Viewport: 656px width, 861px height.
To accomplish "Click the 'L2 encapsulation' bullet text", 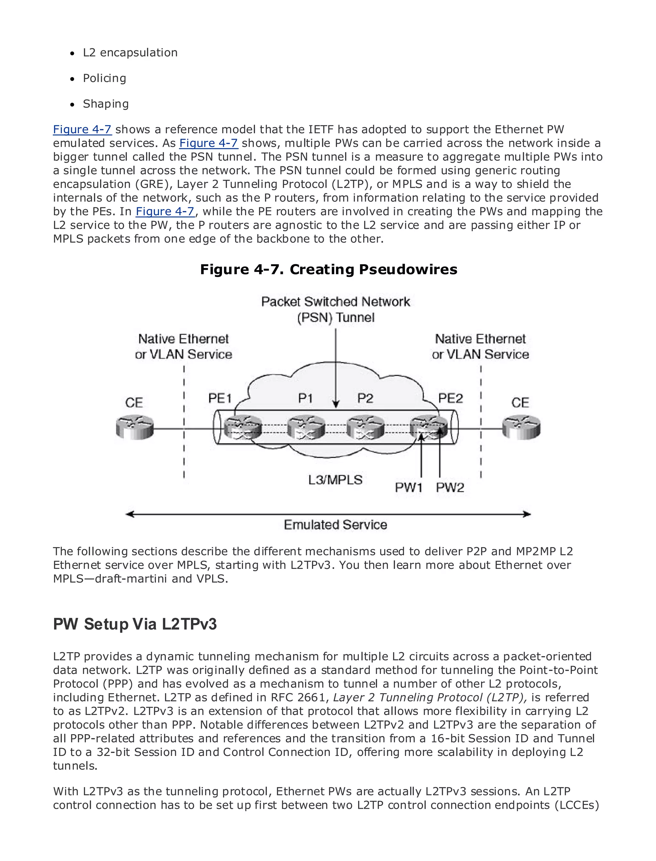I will click(x=130, y=53).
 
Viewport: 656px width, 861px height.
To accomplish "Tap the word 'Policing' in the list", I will click(x=104, y=78).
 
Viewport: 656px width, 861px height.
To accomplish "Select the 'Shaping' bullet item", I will click(x=105, y=104).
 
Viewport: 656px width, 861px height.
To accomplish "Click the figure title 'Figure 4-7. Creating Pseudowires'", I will click(x=328, y=269).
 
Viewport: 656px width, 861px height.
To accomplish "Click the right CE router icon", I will click(x=521, y=427).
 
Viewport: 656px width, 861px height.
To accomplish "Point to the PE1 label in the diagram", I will click(x=220, y=398).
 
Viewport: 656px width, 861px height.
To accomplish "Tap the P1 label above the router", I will click(x=305, y=398).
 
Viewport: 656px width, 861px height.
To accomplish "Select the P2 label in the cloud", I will click(x=365, y=398).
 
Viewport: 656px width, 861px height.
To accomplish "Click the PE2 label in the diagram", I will click(x=450, y=398).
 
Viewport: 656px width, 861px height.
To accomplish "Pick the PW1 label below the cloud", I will click(x=408, y=487).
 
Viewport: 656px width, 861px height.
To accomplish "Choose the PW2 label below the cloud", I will click(x=450, y=487).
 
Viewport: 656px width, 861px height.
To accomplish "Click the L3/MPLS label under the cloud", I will click(x=335, y=480).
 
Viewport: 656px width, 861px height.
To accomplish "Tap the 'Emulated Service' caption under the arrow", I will click(x=335, y=524).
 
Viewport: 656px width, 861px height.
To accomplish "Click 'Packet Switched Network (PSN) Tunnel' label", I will click(x=335, y=309).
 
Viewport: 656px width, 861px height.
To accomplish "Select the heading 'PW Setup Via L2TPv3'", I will click(x=135, y=624).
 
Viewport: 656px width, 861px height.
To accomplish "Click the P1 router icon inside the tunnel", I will click(x=306, y=428).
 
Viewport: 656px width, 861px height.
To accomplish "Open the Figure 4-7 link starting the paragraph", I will click(x=82, y=129).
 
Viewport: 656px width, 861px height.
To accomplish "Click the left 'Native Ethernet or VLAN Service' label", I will click(x=184, y=346).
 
